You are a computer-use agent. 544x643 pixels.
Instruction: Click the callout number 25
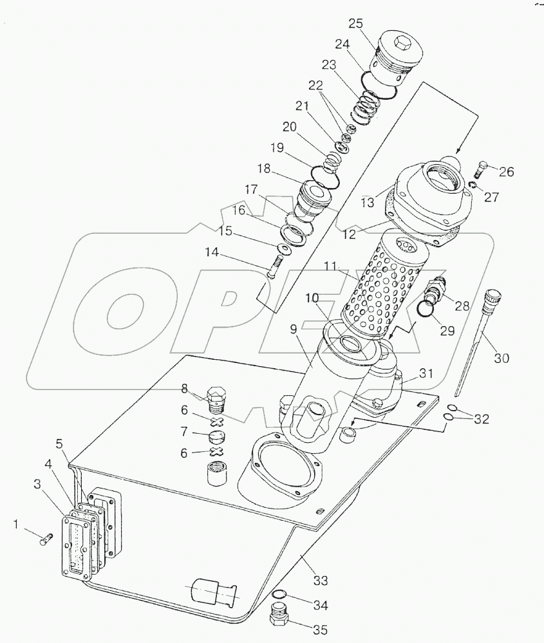coord(356,24)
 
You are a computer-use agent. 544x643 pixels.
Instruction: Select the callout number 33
coord(320,581)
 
